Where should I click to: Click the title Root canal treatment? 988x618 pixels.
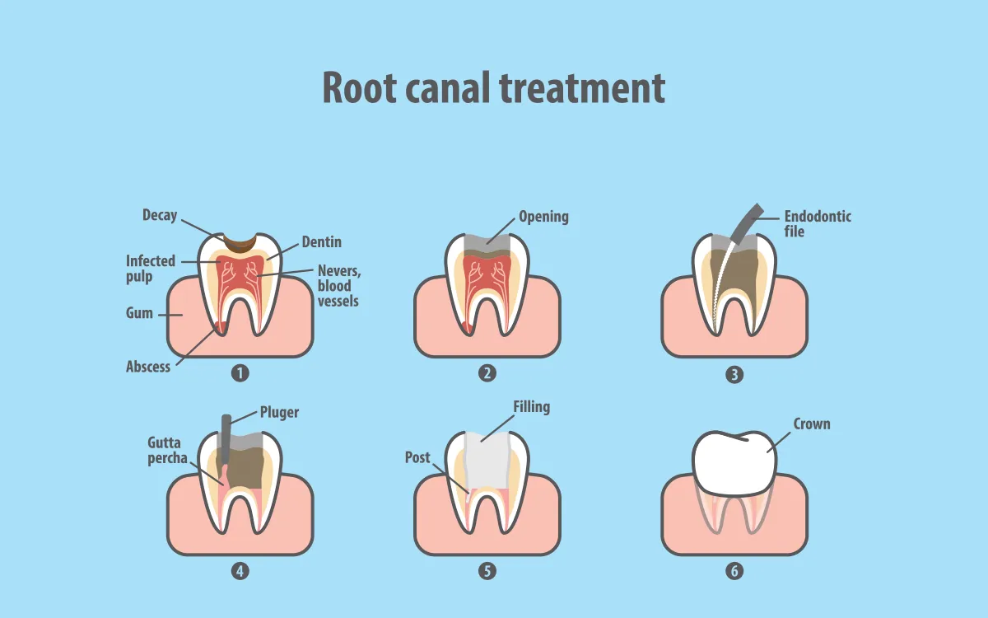click(493, 87)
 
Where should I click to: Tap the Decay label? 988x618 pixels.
click(159, 215)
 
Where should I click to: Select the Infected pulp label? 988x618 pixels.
click(150, 269)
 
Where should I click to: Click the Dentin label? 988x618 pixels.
click(321, 242)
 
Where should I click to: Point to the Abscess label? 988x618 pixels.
click(148, 367)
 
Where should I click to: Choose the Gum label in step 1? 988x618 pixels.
click(139, 314)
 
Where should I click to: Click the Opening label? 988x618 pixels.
click(543, 217)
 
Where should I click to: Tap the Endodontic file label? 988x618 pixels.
click(817, 223)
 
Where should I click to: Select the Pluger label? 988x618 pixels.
click(279, 412)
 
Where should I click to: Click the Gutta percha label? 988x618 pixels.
click(168, 451)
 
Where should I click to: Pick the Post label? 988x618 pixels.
click(417, 457)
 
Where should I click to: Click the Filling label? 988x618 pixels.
click(531, 407)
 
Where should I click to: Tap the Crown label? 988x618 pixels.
click(811, 424)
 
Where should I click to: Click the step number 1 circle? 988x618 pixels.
click(240, 373)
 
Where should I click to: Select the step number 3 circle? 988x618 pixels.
click(734, 374)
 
